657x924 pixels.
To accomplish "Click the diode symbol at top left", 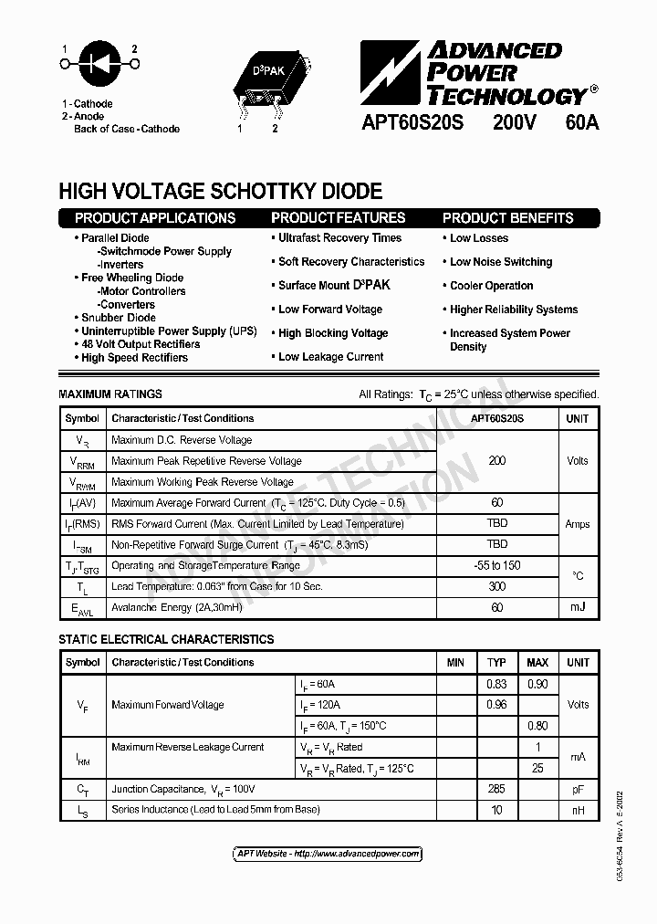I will tap(99, 64).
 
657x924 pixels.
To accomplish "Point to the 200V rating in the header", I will tap(514, 122).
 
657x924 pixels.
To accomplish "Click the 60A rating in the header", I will tap(580, 122).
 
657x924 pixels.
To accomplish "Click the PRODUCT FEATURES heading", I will tap(338, 218).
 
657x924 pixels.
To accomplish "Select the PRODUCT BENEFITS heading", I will tap(507, 218).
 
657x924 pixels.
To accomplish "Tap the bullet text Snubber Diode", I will tap(119, 318).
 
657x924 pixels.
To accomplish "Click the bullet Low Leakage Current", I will tap(330, 357).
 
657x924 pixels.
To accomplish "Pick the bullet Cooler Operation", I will tap(491, 286).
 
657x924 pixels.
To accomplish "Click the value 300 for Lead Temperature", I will tap(497, 586).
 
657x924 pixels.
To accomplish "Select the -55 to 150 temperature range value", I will tap(497, 565).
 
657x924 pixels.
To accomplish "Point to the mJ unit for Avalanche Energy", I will tap(578, 607).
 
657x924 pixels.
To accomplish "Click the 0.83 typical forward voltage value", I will tap(496, 684).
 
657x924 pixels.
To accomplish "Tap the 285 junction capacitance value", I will tap(496, 789).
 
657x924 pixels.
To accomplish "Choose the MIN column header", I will tap(455, 662).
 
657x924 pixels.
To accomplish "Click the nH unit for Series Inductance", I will tap(578, 810).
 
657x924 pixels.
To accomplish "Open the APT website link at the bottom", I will tap(328, 855).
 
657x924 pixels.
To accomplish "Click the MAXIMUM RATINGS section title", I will tap(110, 394).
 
